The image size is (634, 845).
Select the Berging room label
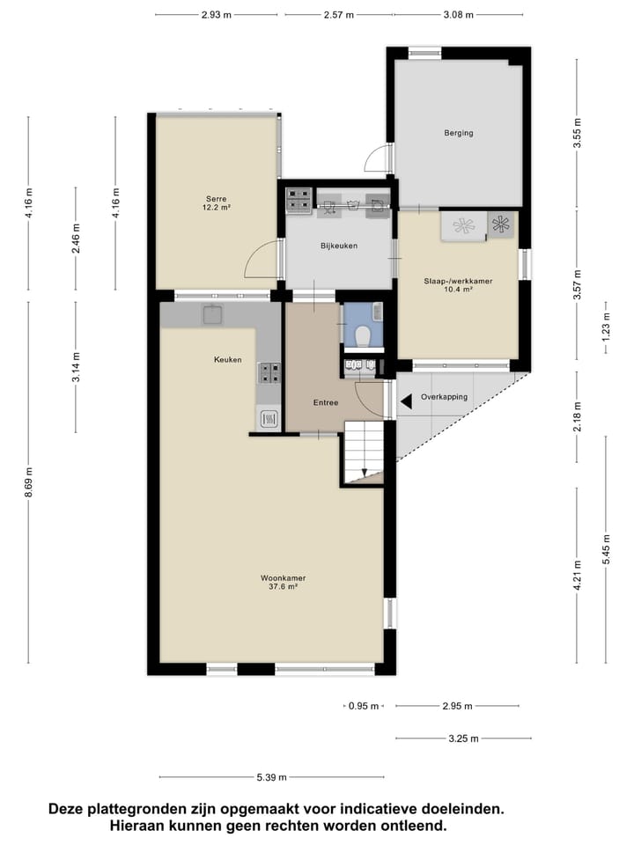pos(459,133)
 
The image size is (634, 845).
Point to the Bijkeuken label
pos(338,246)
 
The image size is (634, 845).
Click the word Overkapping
pos(444,397)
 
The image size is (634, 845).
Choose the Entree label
pos(327,402)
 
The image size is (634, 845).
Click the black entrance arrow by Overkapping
pos(405,402)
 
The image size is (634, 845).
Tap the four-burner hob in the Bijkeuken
pos(298,202)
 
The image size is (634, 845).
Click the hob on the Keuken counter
pos(269,373)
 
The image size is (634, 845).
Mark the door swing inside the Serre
pos(262,261)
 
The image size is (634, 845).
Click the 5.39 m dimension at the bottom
pos(270,777)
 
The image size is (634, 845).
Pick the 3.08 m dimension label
pos(458,15)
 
